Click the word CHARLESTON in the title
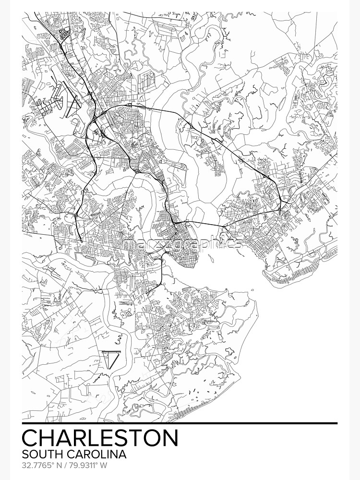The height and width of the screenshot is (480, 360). click(x=100, y=438)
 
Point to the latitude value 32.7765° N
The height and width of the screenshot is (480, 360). click(x=41, y=465)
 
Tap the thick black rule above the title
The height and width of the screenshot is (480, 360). click(x=180, y=423)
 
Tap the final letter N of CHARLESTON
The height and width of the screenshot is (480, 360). click(x=170, y=438)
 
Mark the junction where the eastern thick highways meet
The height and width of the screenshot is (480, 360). click(x=280, y=210)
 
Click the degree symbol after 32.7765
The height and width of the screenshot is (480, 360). click(x=48, y=464)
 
